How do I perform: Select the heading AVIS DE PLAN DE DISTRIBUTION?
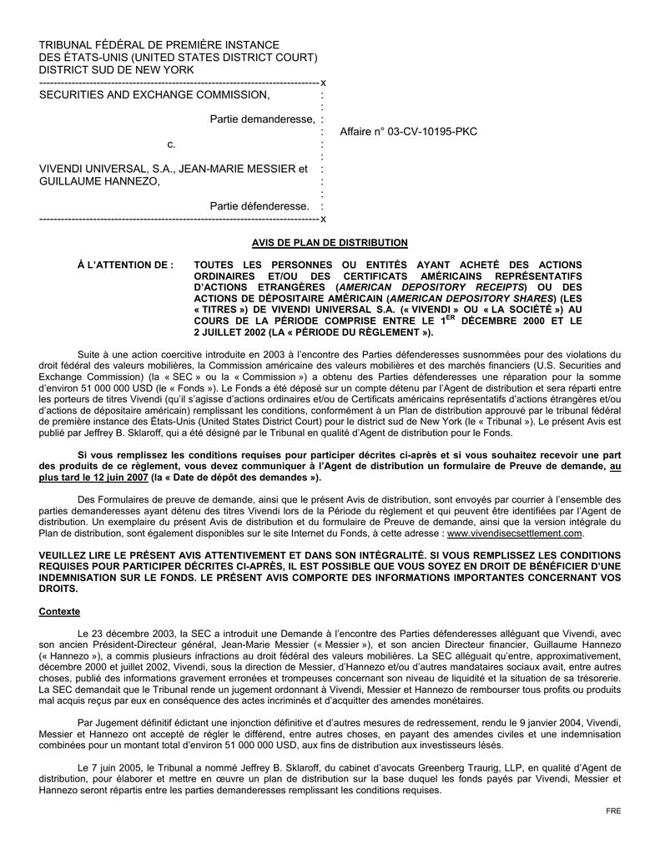coord(330,242)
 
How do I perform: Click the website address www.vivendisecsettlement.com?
coord(515,532)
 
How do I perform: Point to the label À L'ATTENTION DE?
coord(125,265)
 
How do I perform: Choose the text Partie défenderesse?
coord(259,205)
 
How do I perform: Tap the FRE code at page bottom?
coord(614,811)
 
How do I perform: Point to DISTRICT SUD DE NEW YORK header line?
coord(117,70)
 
